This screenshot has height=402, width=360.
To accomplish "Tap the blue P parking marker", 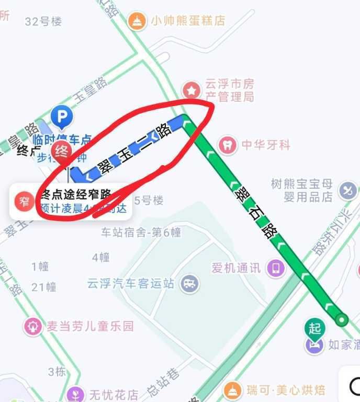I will point(62,115).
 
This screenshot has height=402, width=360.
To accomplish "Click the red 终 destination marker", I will point(62,151).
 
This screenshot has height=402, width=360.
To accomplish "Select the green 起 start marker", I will point(314,328).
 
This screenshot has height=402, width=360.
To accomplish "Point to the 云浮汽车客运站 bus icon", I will point(189,283).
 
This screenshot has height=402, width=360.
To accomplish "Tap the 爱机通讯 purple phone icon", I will point(276,268).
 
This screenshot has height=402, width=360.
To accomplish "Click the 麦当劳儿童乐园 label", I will point(90,326).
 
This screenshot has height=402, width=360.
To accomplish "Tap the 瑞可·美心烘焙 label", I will point(286,389).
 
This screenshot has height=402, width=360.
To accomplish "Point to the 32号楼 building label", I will point(43,21).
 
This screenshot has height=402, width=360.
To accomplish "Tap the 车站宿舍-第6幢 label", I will point(141,232).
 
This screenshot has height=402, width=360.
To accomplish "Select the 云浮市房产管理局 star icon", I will point(192,90).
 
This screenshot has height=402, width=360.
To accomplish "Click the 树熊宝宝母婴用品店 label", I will point(302,190).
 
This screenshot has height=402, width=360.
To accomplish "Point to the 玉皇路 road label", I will point(90,88).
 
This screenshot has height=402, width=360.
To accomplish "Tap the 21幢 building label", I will point(43,286).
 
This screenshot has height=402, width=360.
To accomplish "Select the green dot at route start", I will point(342,319).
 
